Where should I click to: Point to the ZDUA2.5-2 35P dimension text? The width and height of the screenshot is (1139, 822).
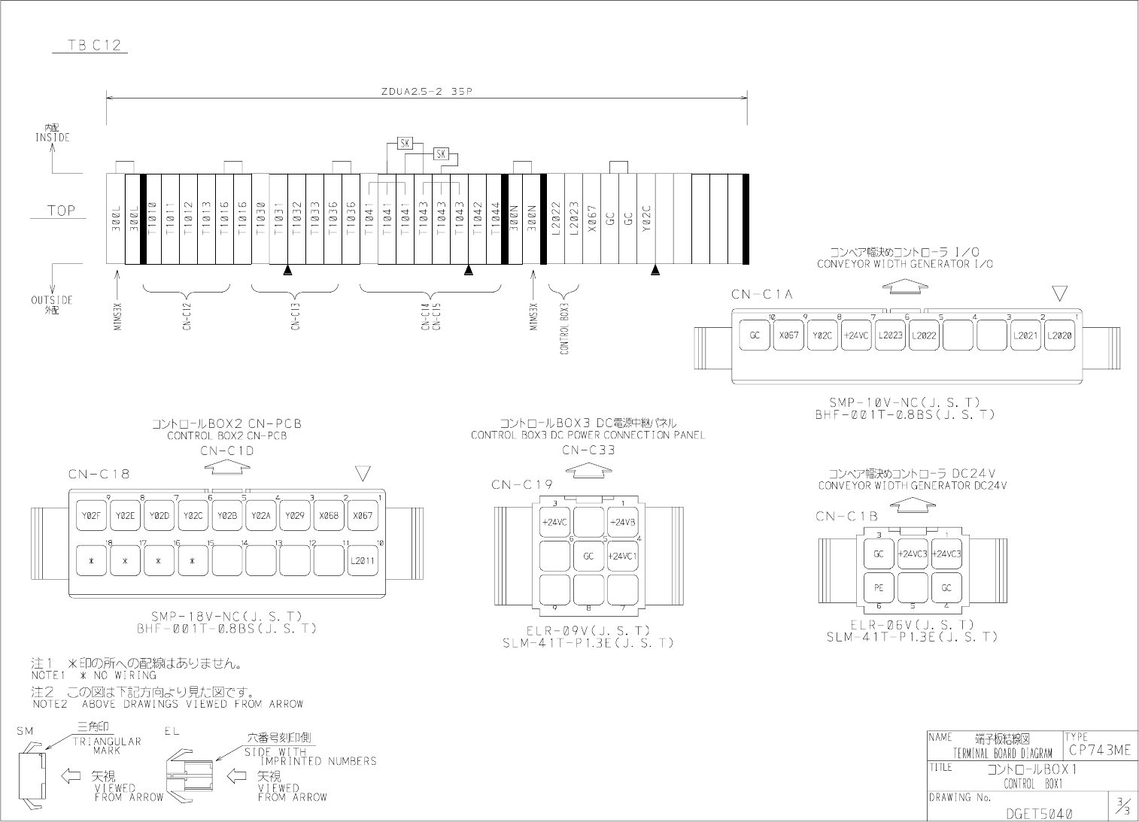[x=427, y=92]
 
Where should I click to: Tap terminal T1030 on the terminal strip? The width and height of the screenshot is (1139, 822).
[x=260, y=218]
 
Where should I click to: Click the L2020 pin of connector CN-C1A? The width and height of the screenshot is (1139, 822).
[x=1059, y=335]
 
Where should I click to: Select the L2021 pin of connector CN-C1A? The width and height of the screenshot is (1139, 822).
[x=1025, y=335]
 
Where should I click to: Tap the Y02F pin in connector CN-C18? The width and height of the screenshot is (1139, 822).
[x=91, y=516]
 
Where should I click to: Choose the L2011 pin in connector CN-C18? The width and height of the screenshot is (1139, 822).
[x=363, y=560]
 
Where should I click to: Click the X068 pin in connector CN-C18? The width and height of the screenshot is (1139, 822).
[x=329, y=516]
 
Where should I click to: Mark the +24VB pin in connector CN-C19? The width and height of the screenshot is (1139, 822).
[x=623, y=522]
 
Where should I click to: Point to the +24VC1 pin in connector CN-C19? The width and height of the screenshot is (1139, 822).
[x=623, y=557]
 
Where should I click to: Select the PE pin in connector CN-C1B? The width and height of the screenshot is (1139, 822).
[x=879, y=587]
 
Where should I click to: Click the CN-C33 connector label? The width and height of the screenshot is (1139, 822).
[x=589, y=450]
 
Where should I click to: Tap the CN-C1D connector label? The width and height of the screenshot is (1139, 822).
[x=227, y=451]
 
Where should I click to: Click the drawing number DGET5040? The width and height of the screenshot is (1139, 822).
[x=1039, y=814]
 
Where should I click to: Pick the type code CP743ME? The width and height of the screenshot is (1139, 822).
[x=1098, y=750]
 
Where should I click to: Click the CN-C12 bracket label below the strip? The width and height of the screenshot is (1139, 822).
[x=187, y=316]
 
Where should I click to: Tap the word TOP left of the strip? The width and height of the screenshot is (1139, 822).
[x=62, y=211]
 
